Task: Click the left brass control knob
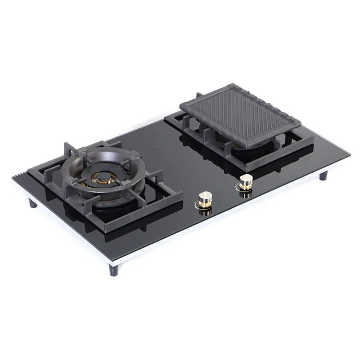tap(205, 198)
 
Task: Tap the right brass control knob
tap(246, 182)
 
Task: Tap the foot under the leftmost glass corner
tap(33, 203)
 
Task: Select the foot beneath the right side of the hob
tap(324, 175)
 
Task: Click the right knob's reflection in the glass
tap(246, 194)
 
